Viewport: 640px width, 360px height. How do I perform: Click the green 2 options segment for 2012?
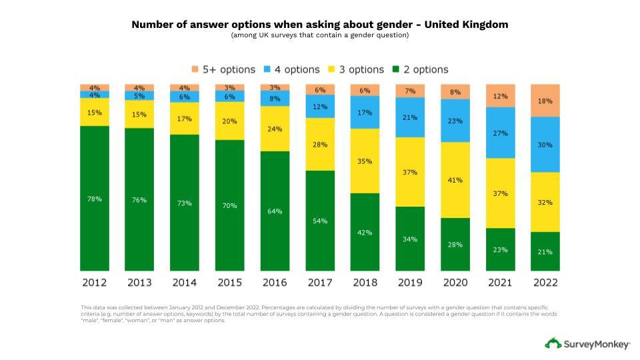point(94,198)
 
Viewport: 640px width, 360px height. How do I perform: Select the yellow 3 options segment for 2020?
point(455,179)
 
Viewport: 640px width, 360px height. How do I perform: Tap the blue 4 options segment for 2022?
point(545,145)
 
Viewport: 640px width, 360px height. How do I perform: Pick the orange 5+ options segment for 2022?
point(545,101)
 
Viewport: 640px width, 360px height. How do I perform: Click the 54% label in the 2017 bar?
point(319,221)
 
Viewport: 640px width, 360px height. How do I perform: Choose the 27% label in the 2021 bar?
point(500,133)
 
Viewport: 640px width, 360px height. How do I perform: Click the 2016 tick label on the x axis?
point(275,283)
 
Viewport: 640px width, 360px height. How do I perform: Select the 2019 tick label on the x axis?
point(410,283)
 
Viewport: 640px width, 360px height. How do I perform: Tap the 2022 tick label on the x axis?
point(545,283)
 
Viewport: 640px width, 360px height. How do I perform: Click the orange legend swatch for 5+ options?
point(195,69)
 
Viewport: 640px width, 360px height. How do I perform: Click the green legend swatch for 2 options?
point(396,69)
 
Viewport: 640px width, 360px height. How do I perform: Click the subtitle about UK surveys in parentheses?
point(320,35)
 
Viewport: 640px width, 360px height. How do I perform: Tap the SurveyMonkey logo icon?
point(553,344)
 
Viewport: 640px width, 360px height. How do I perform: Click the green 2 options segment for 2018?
point(365,232)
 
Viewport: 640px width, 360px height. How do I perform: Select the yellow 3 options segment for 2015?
point(229,121)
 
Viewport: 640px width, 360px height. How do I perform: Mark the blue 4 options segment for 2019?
point(410,117)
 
